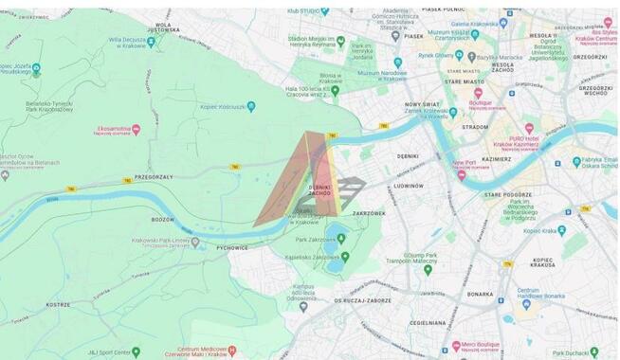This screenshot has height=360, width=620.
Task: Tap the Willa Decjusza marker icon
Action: pos(151,42)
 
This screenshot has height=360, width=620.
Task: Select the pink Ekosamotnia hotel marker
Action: pos(136,129)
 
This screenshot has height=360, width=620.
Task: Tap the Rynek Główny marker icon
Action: pos(459,55)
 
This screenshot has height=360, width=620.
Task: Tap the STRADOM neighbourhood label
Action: pos(474,125)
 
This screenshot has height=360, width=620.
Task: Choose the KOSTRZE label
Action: pos(59,306)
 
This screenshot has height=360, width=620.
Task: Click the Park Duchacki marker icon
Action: pos(594,351)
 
